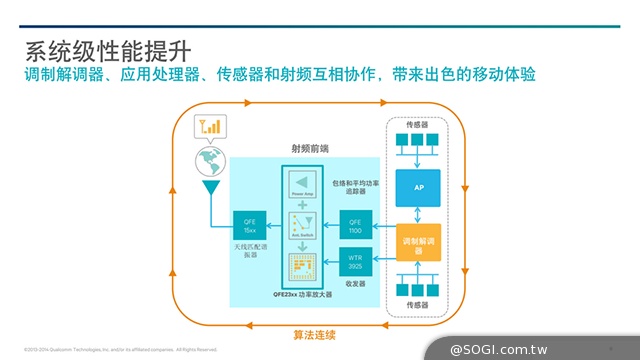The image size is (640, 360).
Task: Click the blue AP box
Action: pyautogui.click(x=419, y=186)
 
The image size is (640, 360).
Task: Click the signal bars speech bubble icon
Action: pyautogui.click(x=211, y=127)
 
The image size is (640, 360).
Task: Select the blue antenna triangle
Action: pyautogui.click(x=210, y=189)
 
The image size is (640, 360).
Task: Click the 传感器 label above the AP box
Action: pyautogui.click(x=419, y=125)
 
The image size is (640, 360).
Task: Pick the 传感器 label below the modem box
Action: pyautogui.click(x=419, y=303)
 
